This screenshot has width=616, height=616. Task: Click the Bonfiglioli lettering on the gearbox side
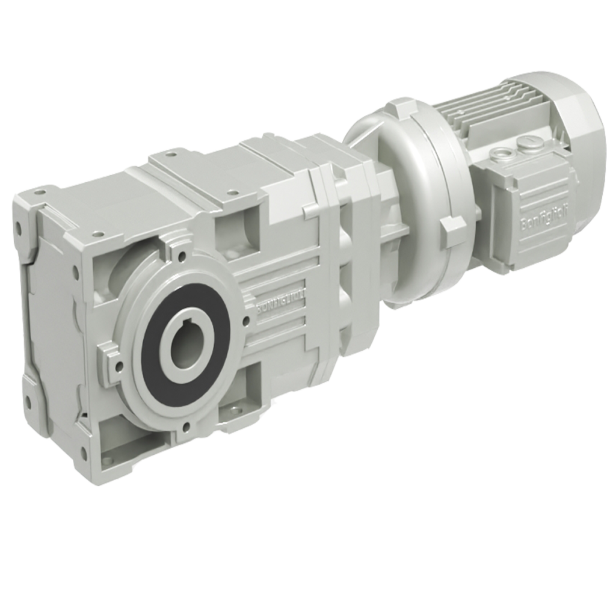click(x=283, y=300)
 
